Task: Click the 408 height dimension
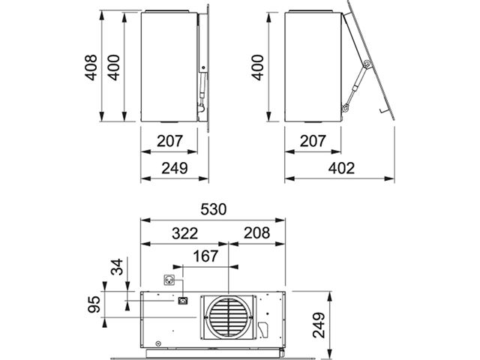[x=91, y=67]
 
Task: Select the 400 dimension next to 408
[x=114, y=67]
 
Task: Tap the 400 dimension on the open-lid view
[x=257, y=67]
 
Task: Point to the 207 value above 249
[x=170, y=141]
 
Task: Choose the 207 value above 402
[x=313, y=141]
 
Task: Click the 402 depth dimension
[x=342, y=168]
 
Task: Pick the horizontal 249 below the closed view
[x=175, y=168]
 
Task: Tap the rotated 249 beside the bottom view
[x=319, y=325]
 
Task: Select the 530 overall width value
[x=214, y=209]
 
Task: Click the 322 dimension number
[x=185, y=233]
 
